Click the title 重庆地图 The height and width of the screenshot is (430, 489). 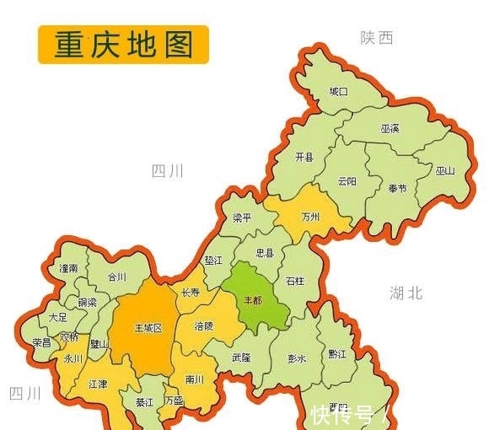(123, 45)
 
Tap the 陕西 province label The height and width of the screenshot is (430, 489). (377, 38)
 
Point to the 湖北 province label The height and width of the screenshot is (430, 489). (406, 293)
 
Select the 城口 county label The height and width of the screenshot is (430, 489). (338, 91)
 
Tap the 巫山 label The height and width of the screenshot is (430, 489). (445, 170)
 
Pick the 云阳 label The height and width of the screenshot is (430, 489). (347, 180)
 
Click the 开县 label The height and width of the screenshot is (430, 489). (304, 158)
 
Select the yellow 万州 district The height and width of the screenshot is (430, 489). (311, 217)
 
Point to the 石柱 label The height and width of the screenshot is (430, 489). (294, 281)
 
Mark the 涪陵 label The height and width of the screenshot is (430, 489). (204, 325)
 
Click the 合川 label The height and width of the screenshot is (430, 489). (116, 277)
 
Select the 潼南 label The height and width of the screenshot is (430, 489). (68, 268)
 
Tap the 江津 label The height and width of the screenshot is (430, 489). (99, 384)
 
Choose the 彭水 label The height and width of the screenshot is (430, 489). (297, 358)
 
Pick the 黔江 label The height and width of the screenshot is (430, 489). (337, 354)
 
